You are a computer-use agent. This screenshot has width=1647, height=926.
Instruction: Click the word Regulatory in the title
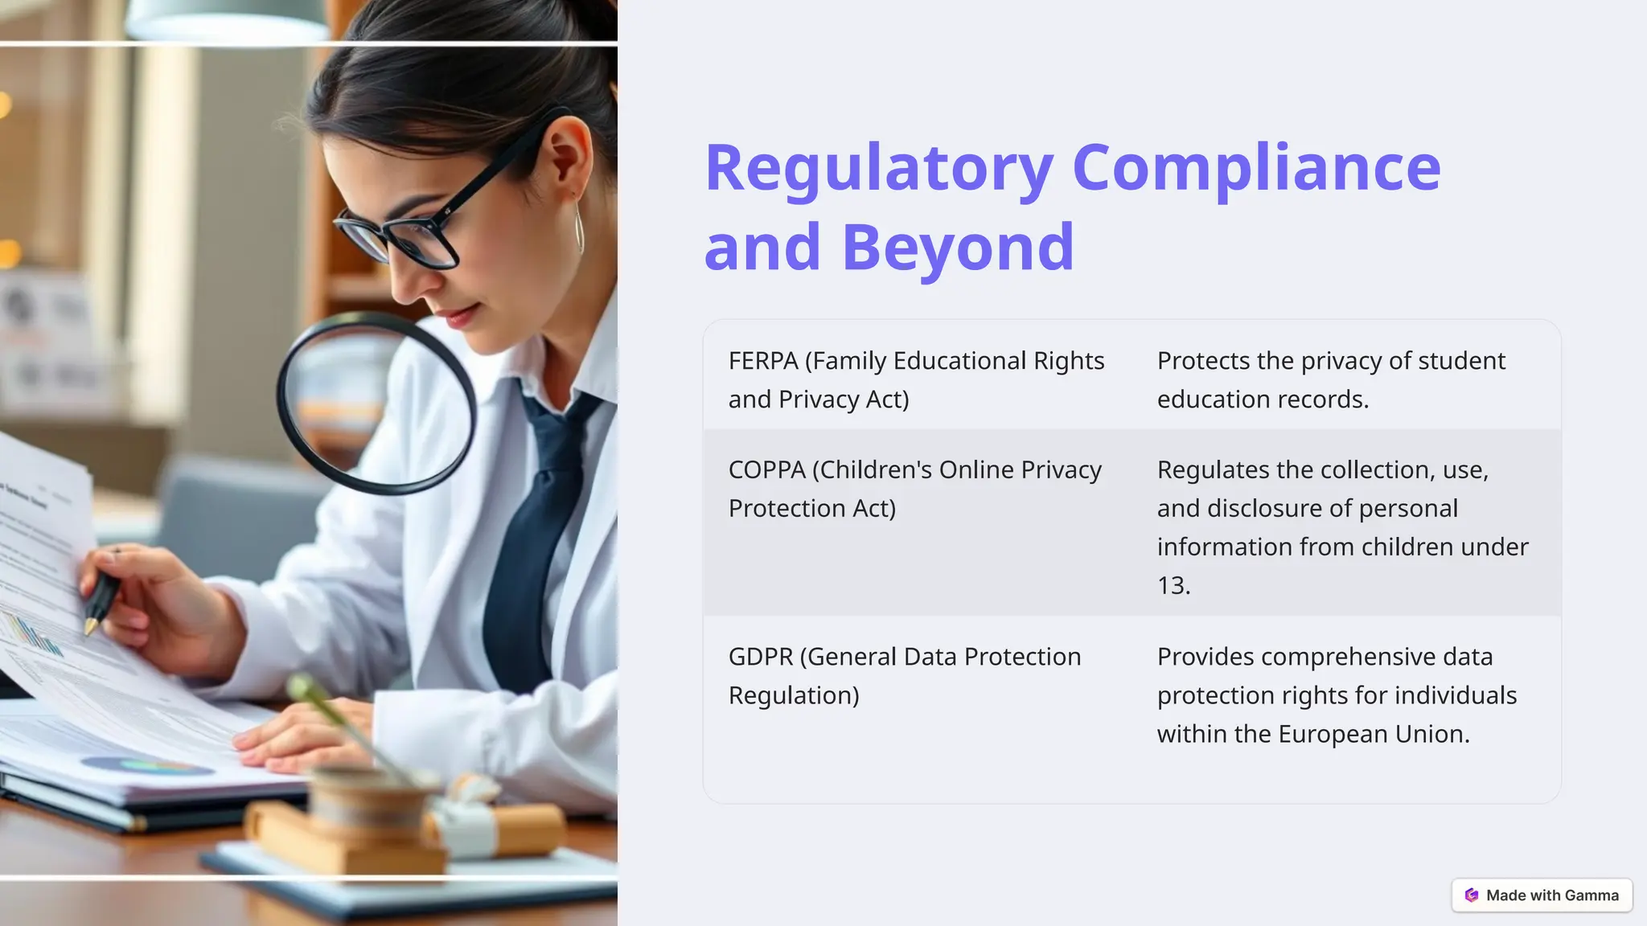pyautogui.click(x=879, y=169)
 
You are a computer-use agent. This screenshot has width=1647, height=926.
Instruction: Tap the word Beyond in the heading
pyautogui.click(x=958, y=247)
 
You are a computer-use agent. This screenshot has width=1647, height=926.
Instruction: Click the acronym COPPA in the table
pyautogui.click(x=766, y=469)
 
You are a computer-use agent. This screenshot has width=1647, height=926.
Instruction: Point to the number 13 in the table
pyautogui.click(x=1171, y=586)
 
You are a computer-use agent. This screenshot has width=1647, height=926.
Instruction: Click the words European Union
pyautogui.click(x=1373, y=734)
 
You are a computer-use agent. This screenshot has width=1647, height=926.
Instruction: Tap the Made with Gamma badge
pyautogui.click(x=1542, y=895)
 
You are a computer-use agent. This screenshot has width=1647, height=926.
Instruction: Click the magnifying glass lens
pyautogui.click(x=376, y=402)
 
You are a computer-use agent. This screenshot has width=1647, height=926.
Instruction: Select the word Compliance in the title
pyautogui.click(x=1256, y=169)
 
